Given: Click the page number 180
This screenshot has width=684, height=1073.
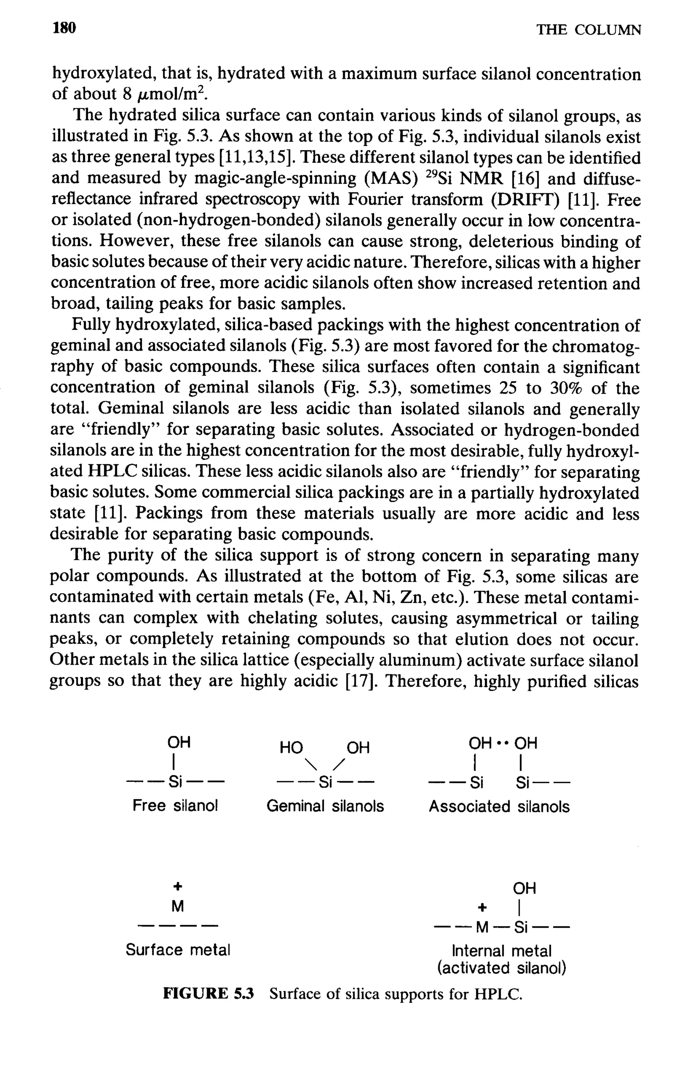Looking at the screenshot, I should [64, 28].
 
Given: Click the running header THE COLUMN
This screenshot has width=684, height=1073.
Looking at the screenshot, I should [588, 30].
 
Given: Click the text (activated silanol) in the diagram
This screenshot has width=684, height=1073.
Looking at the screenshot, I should [502, 968].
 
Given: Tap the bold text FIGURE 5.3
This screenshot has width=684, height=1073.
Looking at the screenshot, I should [208, 994].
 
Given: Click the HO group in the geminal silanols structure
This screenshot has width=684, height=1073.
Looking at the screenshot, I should [291, 748].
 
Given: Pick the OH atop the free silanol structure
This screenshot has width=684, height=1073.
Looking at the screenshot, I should [179, 742].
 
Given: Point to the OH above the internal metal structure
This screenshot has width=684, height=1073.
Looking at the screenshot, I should [524, 888].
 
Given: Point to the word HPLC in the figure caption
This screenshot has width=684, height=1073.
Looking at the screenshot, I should [497, 994].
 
